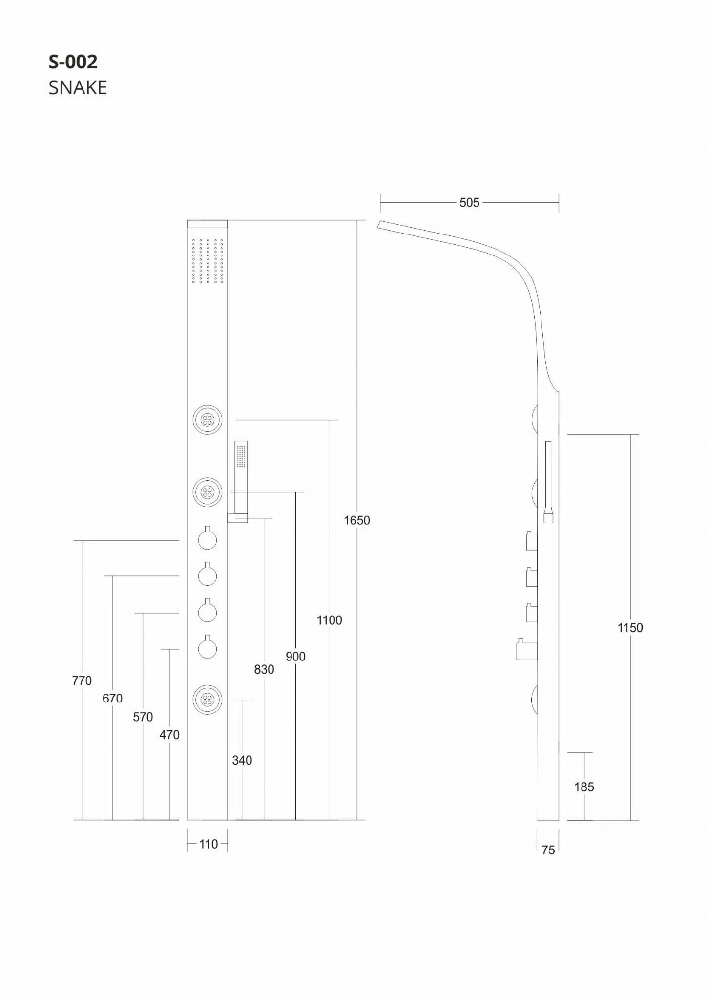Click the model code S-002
pyautogui.click(x=73, y=62)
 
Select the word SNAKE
pyautogui.click(x=78, y=88)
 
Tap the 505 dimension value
pyautogui.click(x=469, y=203)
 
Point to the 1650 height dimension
pyautogui.click(x=357, y=520)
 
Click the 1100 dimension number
pyautogui.click(x=329, y=620)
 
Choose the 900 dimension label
pyautogui.click(x=295, y=657)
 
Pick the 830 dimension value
pyautogui.click(x=264, y=669)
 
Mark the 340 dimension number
pyautogui.click(x=242, y=760)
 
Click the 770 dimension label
pyautogui.click(x=82, y=681)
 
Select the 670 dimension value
pyautogui.click(x=112, y=699)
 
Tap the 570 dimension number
pyautogui.click(x=143, y=717)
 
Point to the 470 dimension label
pyautogui.click(x=169, y=735)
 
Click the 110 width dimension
pyautogui.click(x=208, y=844)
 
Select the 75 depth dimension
pyautogui.click(x=548, y=850)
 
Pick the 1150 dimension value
pyautogui.click(x=630, y=628)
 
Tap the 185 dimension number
pyautogui.click(x=584, y=787)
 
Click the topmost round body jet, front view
pyautogui.click(x=208, y=420)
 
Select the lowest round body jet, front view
pyautogui.click(x=208, y=700)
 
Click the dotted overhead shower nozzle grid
pyautogui.click(x=208, y=261)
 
